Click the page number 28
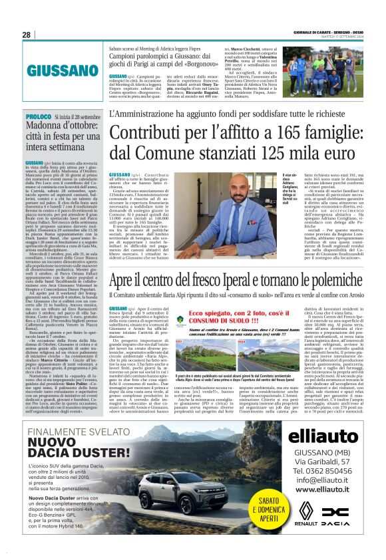coord(26,35)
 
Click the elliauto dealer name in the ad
coord(322,437)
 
